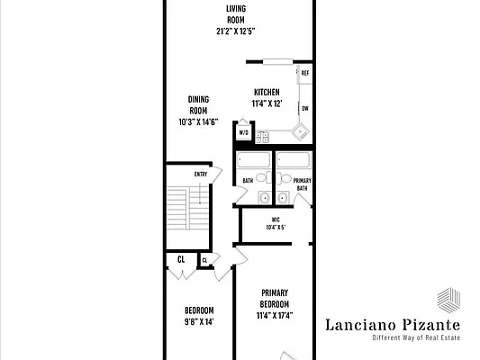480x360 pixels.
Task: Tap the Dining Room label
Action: [x=200, y=104]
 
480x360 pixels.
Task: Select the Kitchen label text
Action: [x=267, y=92]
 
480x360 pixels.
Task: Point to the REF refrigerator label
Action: [x=305, y=73]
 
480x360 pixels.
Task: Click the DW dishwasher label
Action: [x=305, y=108]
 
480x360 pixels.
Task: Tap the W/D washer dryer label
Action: [x=243, y=133]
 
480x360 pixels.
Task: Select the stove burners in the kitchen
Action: [x=263, y=137]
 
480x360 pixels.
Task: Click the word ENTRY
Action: [x=202, y=175]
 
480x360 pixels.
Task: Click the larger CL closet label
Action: [x=181, y=259]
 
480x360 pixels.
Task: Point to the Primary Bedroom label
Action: [x=275, y=298]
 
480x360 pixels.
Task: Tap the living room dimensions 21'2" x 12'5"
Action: [x=237, y=31]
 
